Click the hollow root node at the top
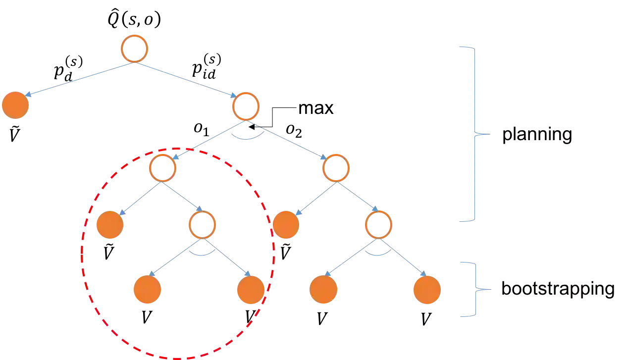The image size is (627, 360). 134,48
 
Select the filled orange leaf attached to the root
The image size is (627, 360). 15,105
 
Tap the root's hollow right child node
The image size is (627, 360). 245,106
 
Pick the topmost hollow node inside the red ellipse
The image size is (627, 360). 162,168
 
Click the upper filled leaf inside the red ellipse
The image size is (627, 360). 109,225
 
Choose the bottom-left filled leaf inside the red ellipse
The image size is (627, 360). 147,290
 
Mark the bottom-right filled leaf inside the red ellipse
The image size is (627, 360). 251,290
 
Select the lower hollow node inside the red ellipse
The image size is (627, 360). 202,225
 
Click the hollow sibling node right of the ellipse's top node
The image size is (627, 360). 336,168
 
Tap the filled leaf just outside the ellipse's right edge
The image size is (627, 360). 286,225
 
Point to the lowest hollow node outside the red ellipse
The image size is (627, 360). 378,225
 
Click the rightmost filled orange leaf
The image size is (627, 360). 426,290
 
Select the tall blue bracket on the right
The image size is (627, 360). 474,133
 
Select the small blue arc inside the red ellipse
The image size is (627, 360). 203,254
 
